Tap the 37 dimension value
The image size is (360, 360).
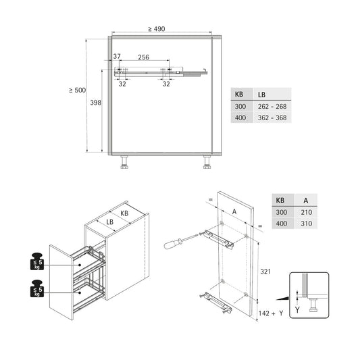click(116, 57)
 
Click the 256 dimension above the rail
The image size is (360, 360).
click(143, 57)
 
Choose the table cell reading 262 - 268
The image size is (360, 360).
click(272, 106)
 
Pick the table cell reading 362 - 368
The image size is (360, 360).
click(272, 118)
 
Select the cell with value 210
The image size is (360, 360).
click(308, 212)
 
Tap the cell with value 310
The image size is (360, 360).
click(308, 224)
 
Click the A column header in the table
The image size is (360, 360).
click(306, 201)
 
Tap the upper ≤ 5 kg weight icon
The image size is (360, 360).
click(38, 261)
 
